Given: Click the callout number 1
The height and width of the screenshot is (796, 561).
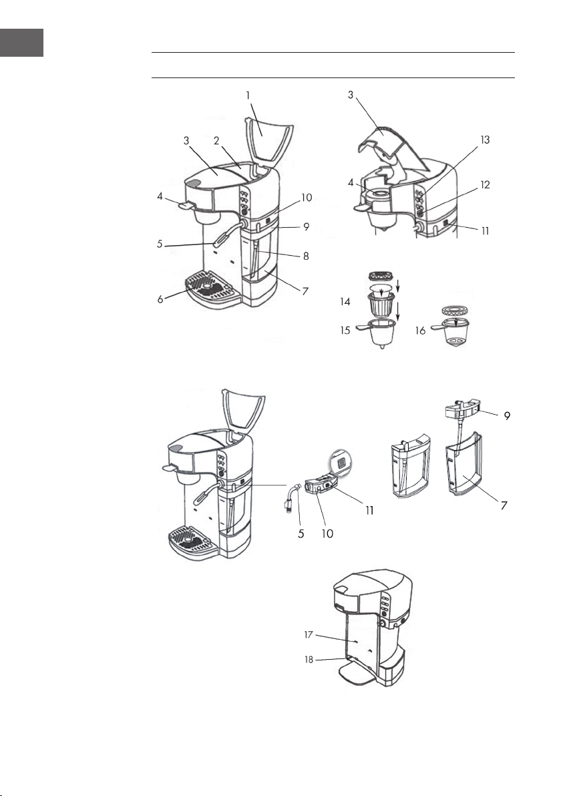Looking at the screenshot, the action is [x=248, y=95].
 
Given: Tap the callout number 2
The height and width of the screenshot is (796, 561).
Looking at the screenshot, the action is [x=217, y=141].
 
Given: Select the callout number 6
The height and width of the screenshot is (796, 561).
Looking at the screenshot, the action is [x=160, y=299].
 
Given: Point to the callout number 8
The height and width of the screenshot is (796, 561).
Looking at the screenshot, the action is [x=306, y=256].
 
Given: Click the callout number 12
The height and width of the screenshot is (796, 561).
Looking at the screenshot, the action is [x=485, y=184].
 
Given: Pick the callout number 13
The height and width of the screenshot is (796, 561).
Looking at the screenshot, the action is [x=485, y=140].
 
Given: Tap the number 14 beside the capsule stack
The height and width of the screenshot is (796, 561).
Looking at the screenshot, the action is [x=345, y=302].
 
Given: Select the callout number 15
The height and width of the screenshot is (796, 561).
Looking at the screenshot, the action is [x=345, y=330].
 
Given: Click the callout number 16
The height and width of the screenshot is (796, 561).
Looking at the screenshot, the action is [x=420, y=331].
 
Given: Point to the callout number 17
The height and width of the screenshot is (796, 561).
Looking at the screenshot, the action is [x=309, y=634].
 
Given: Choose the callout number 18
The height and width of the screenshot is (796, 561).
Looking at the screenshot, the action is [x=309, y=660].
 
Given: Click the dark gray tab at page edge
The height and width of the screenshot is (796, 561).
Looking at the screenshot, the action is [x=21, y=43].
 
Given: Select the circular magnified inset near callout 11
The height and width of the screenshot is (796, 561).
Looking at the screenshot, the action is [x=341, y=463].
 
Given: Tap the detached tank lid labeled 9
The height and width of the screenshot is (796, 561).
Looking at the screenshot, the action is [x=463, y=408].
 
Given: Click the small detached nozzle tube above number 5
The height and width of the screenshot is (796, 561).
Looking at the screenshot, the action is [x=291, y=497].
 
